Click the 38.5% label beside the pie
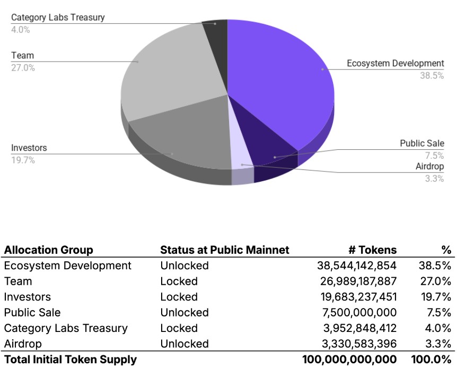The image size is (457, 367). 432,75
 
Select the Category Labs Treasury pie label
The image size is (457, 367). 58,17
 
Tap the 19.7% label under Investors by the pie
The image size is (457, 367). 23,159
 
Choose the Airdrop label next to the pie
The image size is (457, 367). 429,166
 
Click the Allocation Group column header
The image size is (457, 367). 48,250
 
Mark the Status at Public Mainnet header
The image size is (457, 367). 225,250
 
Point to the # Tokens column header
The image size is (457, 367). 374,250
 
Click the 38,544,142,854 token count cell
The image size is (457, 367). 357,266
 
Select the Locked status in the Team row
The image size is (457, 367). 179,281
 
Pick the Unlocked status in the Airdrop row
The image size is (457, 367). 184,344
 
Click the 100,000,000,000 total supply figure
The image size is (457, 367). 349,360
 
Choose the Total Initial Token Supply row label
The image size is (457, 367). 70,360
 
